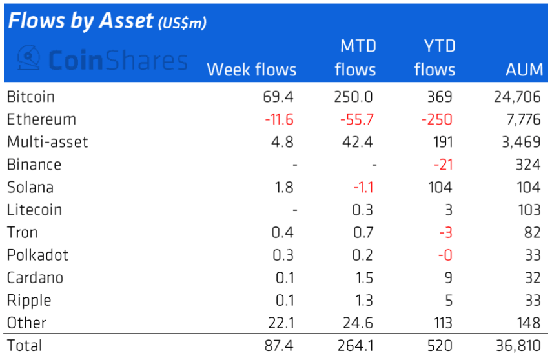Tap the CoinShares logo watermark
point(102,60)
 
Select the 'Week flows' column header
point(251,70)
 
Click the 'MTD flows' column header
point(356,58)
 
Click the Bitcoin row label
point(30,97)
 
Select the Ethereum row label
point(41,119)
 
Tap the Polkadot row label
point(37,255)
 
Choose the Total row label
point(25,345)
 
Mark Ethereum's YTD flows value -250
point(438,119)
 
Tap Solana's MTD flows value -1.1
point(363,187)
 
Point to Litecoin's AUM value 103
point(527,210)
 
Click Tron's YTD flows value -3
point(445,232)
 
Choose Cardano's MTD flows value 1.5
point(365,277)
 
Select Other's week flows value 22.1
point(281,323)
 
